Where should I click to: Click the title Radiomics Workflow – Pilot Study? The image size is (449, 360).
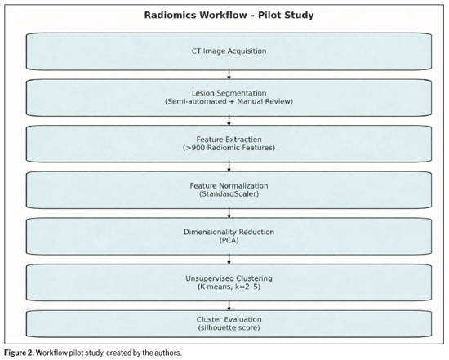(229, 15)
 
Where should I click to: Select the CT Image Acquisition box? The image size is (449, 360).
(229, 51)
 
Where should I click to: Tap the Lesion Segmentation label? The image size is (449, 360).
(229, 93)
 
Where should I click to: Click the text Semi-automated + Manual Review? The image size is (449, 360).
(229, 101)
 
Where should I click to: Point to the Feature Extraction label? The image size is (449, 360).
(229, 140)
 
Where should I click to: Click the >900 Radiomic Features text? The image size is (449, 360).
(229, 148)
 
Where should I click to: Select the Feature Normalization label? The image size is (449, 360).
(229, 185)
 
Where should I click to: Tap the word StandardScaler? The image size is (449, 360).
(229, 194)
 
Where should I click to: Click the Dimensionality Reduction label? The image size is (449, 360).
(229, 232)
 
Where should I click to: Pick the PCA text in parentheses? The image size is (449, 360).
(229, 240)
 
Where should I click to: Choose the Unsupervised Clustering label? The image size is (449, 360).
(229, 278)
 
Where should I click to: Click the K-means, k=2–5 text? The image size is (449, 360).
(229, 287)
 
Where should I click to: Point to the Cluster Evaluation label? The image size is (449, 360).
(229, 319)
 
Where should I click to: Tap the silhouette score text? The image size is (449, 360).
(229, 327)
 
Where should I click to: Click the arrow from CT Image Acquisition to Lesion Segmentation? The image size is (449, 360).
(229, 74)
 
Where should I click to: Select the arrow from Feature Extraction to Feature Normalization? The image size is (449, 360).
(229, 167)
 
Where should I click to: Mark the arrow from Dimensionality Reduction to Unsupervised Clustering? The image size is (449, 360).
(229, 259)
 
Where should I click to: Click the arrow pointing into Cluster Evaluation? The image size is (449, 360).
(229, 305)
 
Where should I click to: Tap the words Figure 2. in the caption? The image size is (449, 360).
(20, 353)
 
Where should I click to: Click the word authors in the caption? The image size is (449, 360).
(170, 353)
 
